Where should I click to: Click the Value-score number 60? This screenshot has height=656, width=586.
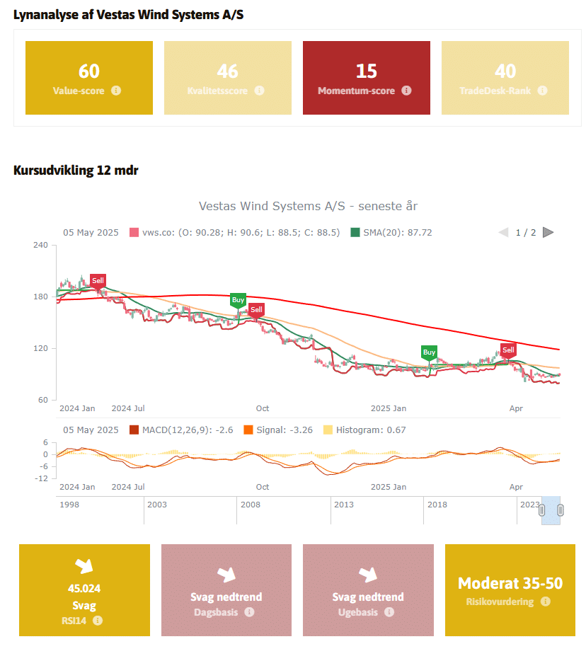click(x=89, y=71)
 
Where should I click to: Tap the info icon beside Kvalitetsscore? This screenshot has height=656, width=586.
click(x=260, y=91)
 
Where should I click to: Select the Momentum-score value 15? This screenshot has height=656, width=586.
click(x=367, y=71)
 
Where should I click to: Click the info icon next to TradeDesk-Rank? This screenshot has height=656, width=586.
click(x=542, y=91)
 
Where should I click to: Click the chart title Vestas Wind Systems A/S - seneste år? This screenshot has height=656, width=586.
click(x=309, y=207)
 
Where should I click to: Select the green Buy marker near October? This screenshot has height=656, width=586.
click(x=238, y=300)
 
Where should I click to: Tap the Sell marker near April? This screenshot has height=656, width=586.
click(x=508, y=350)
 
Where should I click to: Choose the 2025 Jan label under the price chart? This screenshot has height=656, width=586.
click(x=389, y=408)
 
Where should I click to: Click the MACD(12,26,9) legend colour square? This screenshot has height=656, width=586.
click(x=134, y=430)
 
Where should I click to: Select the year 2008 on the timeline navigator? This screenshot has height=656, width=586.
click(x=251, y=504)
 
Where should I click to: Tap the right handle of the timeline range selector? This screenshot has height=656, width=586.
click(x=561, y=510)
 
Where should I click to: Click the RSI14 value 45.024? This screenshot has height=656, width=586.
click(x=84, y=589)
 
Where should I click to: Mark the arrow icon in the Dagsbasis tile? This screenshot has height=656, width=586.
click(x=226, y=574)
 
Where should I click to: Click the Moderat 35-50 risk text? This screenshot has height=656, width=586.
click(x=510, y=583)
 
